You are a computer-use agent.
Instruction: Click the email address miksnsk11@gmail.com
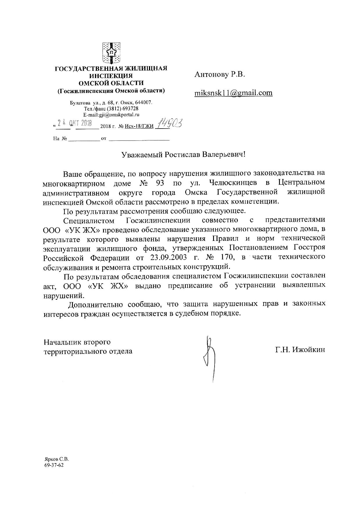coord(233,93)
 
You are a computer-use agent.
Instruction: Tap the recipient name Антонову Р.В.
coord(220,75)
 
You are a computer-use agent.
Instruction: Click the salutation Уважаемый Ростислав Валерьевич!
coord(183,154)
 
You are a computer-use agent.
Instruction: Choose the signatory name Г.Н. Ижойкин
coord(300,350)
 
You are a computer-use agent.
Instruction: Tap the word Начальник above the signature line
coord(62,342)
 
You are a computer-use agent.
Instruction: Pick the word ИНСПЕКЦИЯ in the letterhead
coord(111,76)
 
